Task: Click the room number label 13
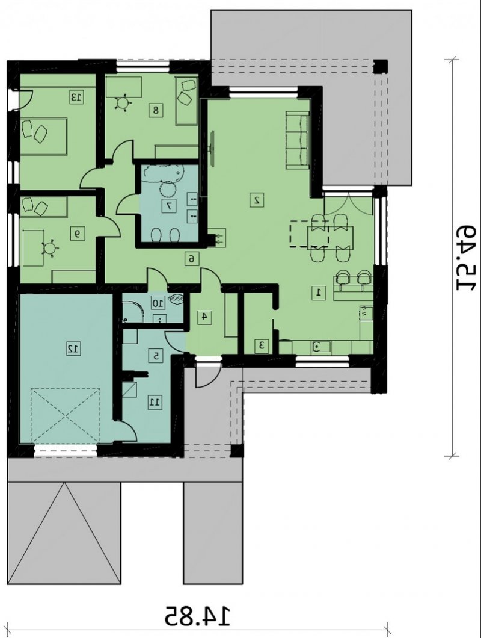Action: [x=76, y=98]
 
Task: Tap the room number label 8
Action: [x=156, y=110]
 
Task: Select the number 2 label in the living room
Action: [x=257, y=200]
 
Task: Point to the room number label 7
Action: [x=168, y=206]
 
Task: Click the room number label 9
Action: [x=77, y=234]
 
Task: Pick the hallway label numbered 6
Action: [x=192, y=258]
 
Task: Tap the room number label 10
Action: [x=158, y=303]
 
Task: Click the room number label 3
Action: [x=262, y=346]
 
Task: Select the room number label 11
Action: [x=155, y=403]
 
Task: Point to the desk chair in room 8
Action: [x=123, y=102]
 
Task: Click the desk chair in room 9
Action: [x=50, y=249]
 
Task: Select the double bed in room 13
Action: [x=43, y=136]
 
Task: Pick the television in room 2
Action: [x=212, y=146]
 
